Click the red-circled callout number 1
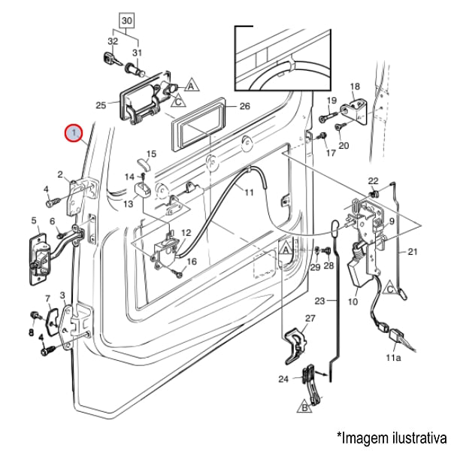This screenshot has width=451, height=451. pos(73,134)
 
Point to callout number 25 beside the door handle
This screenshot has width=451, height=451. pos(101,105)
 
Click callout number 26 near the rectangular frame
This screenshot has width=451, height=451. pos(244,106)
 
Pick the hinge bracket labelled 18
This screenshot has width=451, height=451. pos(356,106)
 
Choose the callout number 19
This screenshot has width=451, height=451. pos(331,101)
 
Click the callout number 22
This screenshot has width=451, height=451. pos(373,181)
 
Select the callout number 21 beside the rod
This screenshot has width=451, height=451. pos(412,251)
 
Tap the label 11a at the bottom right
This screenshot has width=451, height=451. pos(394,359)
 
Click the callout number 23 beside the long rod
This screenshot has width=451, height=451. pos(319,301)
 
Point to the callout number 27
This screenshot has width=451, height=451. pos(310,319)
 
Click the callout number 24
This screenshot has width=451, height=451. pos(283,379)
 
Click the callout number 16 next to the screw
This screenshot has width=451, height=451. pos(191,262)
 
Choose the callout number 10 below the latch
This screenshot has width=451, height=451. pos(353,302)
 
